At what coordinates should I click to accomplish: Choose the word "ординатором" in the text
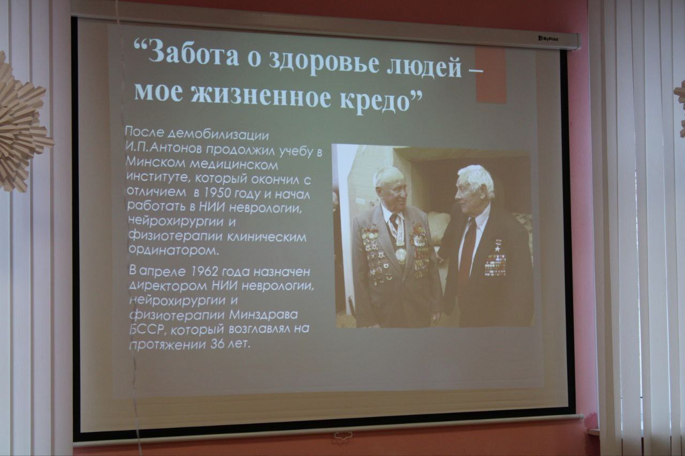pos(174,250)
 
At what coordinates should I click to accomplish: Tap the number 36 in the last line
pos(217,344)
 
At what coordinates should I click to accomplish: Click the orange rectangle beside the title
pos(491,74)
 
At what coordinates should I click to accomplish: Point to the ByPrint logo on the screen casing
pos(549,39)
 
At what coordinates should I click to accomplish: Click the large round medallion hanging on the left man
pos(401,254)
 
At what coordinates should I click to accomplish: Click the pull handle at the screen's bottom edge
pos(343,435)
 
